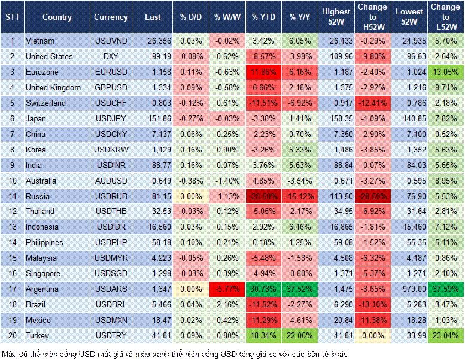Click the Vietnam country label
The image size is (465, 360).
click(x=40, y=41)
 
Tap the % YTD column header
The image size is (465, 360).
click(x=263, y=17)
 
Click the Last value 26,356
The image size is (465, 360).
click(x=154, y=41)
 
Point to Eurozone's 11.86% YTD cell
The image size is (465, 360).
click(x=263, y=72)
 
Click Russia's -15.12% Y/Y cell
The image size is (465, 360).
click(x=301, y=196)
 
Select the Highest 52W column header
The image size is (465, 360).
click(x=336, y=17)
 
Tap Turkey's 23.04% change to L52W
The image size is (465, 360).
click(x=445, y=335)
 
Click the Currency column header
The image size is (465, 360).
click(x=111, y=17)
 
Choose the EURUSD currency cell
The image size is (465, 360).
click(x=110, y=72)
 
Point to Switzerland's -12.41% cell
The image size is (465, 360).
click(x=372, y=103)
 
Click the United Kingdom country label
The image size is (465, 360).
click(x=53, y=88)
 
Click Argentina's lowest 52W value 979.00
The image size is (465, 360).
click(x=410, y=289)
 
